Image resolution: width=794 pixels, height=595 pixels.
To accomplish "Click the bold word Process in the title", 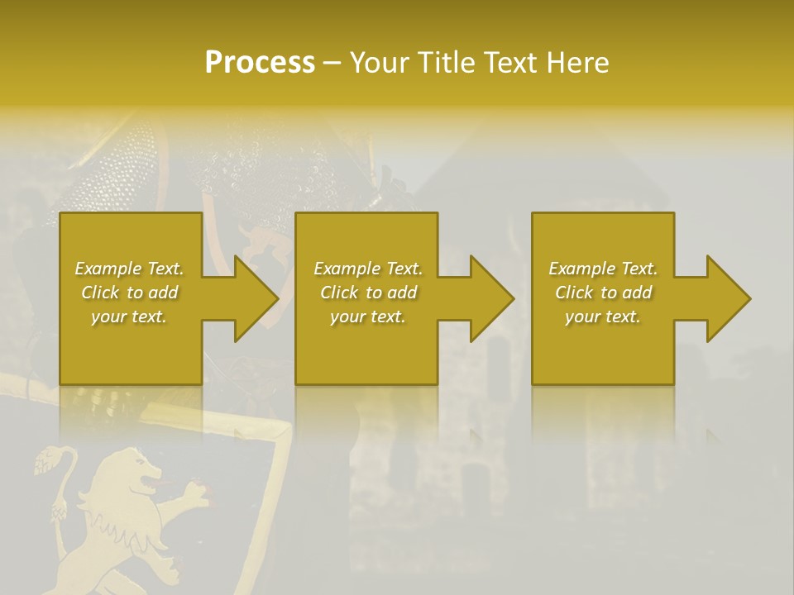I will pyautogui.click(x=260, y=63).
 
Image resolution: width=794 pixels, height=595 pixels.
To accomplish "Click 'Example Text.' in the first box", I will pyautogui.click(x=129, y=269).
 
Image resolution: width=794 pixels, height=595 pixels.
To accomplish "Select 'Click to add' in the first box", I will pyautogui.click(x=129, y=293).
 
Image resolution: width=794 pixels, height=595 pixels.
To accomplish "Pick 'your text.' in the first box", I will pyautogui.click(x=129, y=317).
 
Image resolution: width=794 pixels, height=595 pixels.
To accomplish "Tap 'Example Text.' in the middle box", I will pyautogui.click(x=368, y=269).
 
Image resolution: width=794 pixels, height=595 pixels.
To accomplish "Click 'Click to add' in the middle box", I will pyautogui.click(x=368, y=293).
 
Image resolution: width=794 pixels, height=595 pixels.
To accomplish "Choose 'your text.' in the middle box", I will pyautogui.click(x=368, y=317).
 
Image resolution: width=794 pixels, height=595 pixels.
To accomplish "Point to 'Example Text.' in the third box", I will pyautogui.click(x=603, y=269).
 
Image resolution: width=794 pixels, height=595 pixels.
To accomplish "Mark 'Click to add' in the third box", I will pyautogui.click(x=603, y=293).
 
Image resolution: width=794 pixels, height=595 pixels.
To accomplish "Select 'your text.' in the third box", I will pyautogui.click(x=603, y=317).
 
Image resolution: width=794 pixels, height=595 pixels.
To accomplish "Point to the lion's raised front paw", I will pyautogui.click(x=195, y=496).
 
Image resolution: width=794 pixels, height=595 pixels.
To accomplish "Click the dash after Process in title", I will pyautogui.click(x=332, y=64).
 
